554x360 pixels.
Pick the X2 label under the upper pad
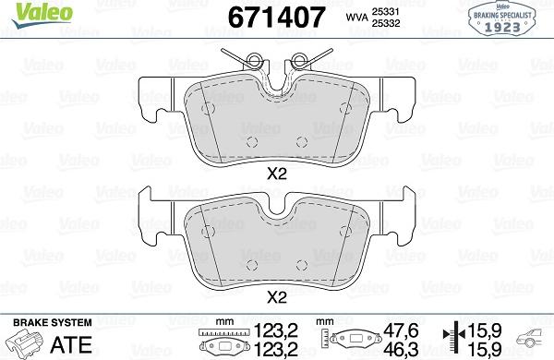pos(276,174)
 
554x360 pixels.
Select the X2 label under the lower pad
pos(276,296)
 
